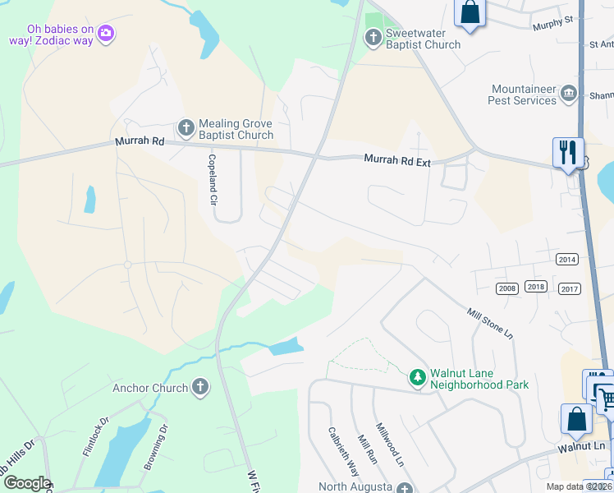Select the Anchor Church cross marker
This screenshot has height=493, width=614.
point(199,387)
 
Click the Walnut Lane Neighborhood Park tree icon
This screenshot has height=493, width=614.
point(418,376)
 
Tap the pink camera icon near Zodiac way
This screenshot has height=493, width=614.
point(105,34)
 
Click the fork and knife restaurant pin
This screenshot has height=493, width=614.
point(567,152)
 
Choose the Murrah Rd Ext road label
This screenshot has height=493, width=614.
point(397,162)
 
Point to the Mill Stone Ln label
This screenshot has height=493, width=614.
point(489,324)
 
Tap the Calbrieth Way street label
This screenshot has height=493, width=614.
point(343,451)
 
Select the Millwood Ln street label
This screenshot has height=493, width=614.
point(390,445)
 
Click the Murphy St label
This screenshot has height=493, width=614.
point(551,23)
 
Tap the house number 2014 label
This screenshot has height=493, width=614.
point(566,259)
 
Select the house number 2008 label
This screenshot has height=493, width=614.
point(506,288)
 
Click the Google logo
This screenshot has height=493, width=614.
point(26,483)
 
